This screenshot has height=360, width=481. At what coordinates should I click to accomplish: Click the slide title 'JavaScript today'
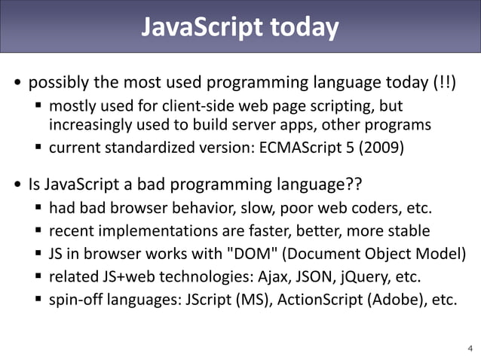[x=240, y=27]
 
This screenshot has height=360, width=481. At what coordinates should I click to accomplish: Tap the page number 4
[x=470, y=348]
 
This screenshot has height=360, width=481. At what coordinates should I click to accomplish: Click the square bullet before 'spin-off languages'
[x=39, y=299]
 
